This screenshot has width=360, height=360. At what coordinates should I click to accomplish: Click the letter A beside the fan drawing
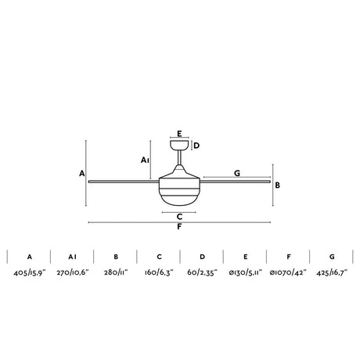click(x=82, y=173)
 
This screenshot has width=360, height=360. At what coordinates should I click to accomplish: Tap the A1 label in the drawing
click(x=145, y=160)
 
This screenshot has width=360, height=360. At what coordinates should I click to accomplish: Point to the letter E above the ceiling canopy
click(x=179, y=134)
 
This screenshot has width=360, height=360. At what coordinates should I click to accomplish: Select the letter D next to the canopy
click(x=196, y=146)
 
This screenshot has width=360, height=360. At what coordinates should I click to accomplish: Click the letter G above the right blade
click(x=237, y=173)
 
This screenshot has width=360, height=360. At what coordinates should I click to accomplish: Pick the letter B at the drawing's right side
click(x=278, y=185)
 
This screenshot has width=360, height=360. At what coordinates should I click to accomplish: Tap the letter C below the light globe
click(x=179, y=217)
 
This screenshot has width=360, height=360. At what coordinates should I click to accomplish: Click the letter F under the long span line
click(x=179, y=227)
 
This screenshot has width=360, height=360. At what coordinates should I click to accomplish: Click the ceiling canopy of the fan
click(x=179, y=145)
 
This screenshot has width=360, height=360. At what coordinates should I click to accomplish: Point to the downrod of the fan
click(x=179, y=157)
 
